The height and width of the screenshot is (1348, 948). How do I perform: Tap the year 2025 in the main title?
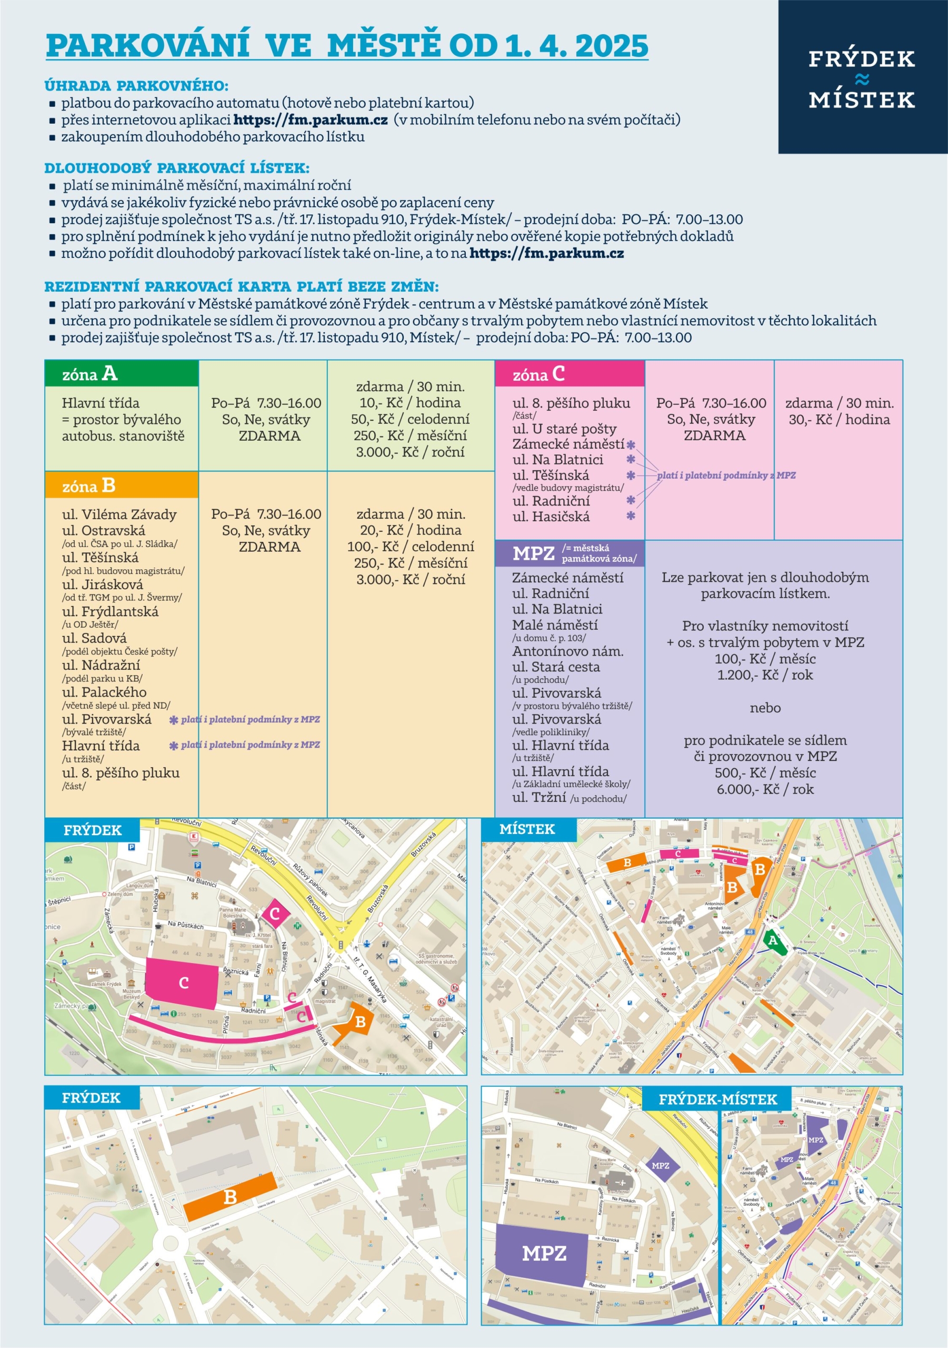tap(612, 46)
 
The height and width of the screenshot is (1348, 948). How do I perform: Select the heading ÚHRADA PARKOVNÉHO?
tap(136, 86)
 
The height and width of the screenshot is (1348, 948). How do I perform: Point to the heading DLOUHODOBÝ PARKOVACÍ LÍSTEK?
tap(177, 168)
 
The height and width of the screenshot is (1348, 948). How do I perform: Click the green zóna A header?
tap(122, 374)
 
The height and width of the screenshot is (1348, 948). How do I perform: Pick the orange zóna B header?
tap(122, 485)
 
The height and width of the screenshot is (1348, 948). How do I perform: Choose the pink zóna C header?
tap(569, 374)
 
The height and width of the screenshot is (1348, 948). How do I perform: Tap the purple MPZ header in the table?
tap(569, 553)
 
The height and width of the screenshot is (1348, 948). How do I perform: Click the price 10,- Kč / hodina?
tap(410, 403)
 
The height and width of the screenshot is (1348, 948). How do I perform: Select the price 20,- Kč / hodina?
tap(410, 530)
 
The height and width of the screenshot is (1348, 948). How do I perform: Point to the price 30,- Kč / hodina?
tap(839, 419)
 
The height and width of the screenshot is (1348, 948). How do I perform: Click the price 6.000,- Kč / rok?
tap(765, 789)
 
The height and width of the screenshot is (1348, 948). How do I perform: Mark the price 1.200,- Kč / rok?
tap(765, 675)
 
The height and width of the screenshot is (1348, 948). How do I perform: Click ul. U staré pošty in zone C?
tap(564, 429)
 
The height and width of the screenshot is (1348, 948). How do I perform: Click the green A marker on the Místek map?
tap(773, 940)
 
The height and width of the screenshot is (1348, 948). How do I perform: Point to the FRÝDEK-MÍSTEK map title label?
tap(717, 1099)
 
